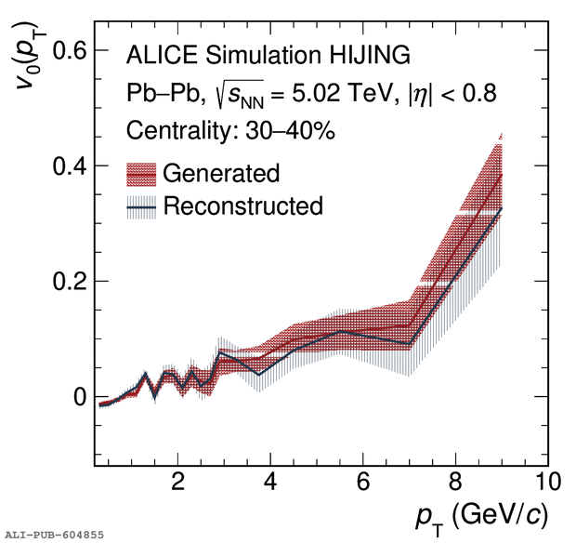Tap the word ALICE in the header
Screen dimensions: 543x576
click(159, 56)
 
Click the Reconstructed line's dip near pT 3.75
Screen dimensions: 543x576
click(259, 374)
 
